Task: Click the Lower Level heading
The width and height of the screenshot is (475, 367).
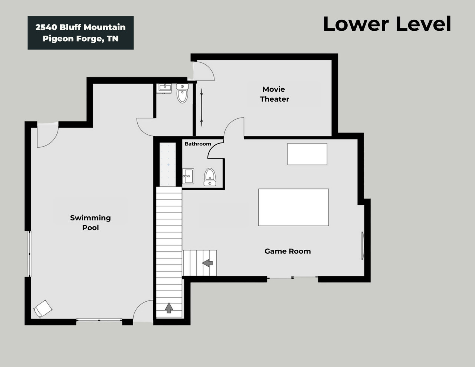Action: pos(387,24)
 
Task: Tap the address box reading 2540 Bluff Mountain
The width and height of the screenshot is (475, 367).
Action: pos(81,33)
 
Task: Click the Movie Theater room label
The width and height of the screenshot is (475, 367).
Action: pos(274,94)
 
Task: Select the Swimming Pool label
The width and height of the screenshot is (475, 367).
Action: pos(90,223)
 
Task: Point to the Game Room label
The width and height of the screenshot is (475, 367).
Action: pos(288,251)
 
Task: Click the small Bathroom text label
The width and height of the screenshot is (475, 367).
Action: pos(198,144)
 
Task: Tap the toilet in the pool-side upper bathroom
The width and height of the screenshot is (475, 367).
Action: pos(182,94)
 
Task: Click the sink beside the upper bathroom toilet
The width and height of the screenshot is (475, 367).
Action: pos(165,88)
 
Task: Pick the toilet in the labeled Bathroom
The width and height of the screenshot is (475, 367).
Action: pos(210,177)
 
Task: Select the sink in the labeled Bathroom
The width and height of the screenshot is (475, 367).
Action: pos(188,176)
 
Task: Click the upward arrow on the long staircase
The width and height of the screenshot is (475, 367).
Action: pos(169,308)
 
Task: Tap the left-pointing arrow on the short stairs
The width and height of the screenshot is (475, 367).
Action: pos(207,263)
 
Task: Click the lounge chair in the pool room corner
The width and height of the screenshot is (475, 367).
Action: pos(43,309)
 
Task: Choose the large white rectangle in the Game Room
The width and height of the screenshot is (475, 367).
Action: pos(294,207)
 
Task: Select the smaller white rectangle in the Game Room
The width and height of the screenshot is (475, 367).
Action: pos(307,154)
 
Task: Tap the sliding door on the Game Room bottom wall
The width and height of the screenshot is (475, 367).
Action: pos(292,278)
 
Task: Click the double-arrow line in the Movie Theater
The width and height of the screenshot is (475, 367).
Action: pos(202,108)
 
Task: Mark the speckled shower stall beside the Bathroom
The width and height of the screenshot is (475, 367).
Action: pos(168,164)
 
